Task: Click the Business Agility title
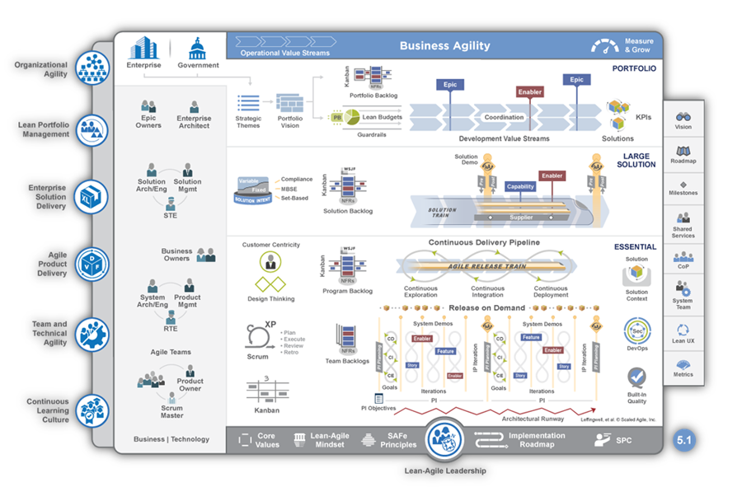tap(444, 46)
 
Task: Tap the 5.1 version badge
tap(684, 440)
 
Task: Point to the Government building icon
tap(198, 48)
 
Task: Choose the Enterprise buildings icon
tap(143, 47)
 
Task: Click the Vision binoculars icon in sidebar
tap(683, 117)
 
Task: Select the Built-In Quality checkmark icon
tap(636, 377)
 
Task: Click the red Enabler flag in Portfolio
tap(529, 92)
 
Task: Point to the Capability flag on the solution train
tap(520, 187)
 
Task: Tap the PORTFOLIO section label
tap(634, 68)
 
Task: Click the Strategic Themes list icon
tap(248, 103)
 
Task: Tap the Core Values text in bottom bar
tap(266, 440)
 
